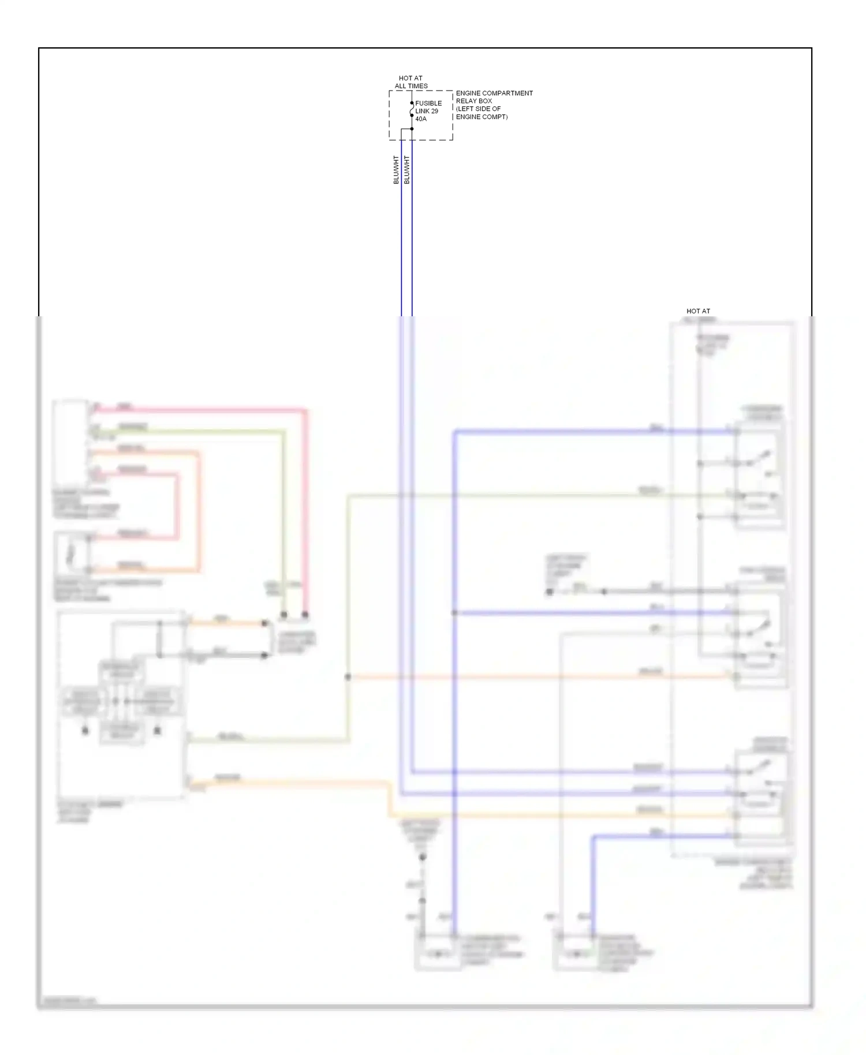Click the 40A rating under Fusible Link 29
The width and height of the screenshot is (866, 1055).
[x=421, y=119]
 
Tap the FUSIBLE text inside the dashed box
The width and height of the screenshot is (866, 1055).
[x=428, y=103]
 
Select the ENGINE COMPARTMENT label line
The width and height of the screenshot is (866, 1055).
[x=494, y=93]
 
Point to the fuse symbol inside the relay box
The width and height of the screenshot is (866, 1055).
[x=412, y=109]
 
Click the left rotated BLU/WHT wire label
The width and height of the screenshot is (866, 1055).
[x=396, y=170]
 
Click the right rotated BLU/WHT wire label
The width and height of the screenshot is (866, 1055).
[x=406, y=170]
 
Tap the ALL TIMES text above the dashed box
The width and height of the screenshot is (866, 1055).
[x=411, y=86]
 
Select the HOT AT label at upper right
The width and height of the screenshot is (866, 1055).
[x=698, y=311]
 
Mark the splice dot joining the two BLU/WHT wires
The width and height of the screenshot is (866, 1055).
[x=412, y=129]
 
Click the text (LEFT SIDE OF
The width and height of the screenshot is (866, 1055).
[x=479, y=109]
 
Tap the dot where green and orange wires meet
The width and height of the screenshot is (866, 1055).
[x=348, y=676]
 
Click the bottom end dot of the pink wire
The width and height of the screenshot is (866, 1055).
[x=305, y=615]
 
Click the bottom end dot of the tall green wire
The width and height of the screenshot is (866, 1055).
[x=283, y=615]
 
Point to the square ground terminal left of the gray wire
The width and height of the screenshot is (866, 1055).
[x=550, y=592]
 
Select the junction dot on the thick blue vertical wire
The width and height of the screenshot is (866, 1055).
[x=454, y=612]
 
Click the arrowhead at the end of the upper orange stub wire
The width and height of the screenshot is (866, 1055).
[x=265, y=623]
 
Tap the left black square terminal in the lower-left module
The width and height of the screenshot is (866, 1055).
[x=85, y=731]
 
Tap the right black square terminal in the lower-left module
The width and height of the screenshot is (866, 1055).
[x=157, y=731]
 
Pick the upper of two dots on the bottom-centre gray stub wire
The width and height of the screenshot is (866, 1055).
[x=422, y=858]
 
